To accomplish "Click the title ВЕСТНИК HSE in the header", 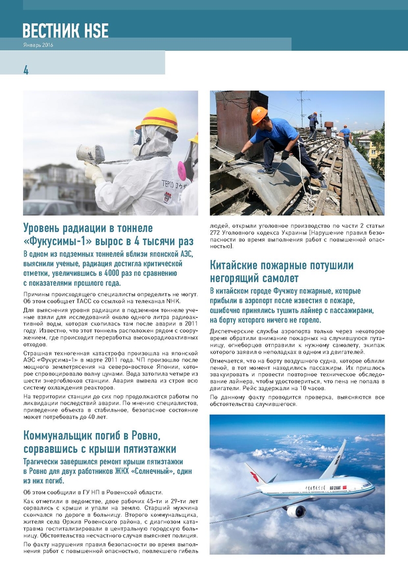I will click(x=65, y=31).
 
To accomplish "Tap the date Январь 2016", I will click(x=38, y=45).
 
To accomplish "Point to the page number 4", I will click(x=25, y=70).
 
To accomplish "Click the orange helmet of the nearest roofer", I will click(x=259, y=115).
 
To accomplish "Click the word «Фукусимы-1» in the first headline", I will click(x=56, y=240).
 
